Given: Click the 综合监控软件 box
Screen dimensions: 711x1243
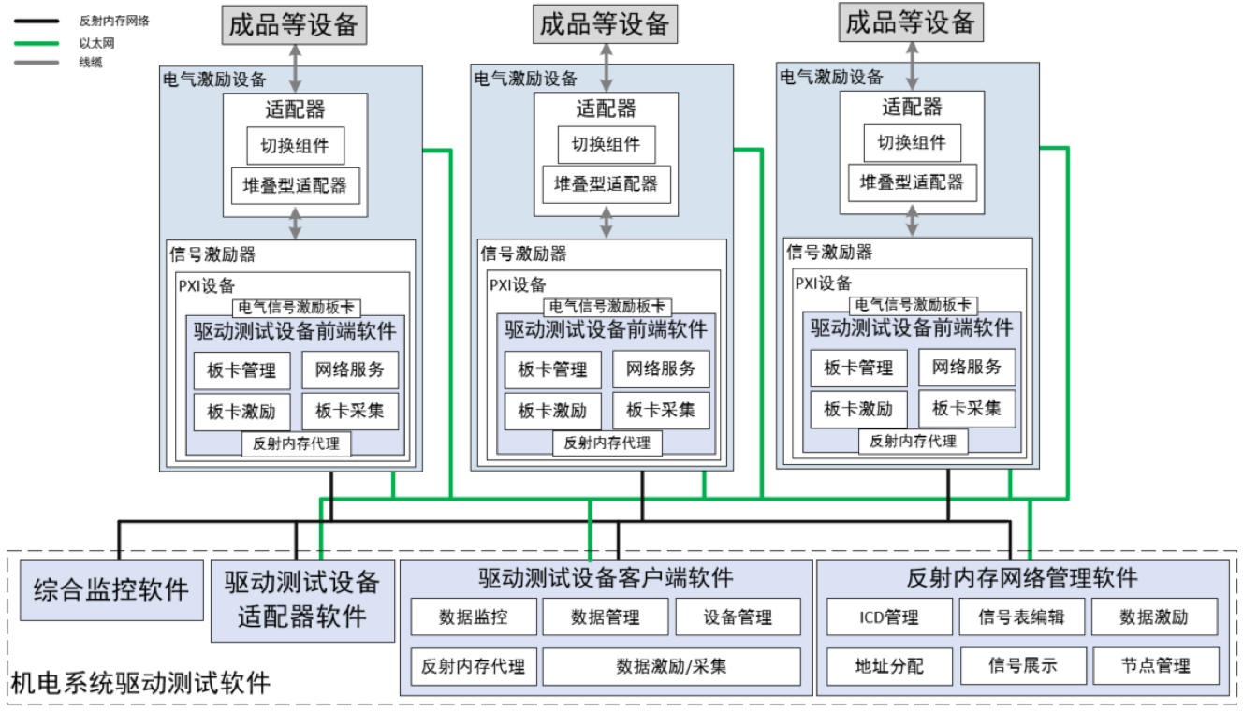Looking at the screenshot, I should point(111,590).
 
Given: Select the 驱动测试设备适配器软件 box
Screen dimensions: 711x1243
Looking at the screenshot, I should point(302,600).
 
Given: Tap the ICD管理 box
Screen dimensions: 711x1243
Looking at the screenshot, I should point(889,617).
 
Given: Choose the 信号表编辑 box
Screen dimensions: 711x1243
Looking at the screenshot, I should point(1021,617).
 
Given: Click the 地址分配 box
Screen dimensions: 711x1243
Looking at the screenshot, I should point(889,666).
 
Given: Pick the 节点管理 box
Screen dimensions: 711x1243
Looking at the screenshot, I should point(1155,666).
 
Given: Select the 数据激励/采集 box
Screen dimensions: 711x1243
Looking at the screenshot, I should point(671,666).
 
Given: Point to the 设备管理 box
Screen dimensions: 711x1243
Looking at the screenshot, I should point(738,617).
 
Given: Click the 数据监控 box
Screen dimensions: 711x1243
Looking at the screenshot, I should point(474,617).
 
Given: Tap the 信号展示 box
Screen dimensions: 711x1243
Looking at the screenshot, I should point(1022,666).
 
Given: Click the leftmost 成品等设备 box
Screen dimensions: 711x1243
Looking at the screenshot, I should point(294,24).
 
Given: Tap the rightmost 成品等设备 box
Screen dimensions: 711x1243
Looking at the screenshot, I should point(911,22).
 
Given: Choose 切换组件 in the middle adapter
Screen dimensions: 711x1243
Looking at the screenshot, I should point(606,145).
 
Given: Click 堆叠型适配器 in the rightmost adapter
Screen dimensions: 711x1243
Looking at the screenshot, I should point(912,182).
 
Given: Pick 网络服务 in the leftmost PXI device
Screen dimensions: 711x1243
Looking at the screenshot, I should point(349,370).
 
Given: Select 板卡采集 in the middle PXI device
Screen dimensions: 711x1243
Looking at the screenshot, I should point(661,411).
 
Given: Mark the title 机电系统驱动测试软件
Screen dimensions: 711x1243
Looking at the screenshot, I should point(140,682).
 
